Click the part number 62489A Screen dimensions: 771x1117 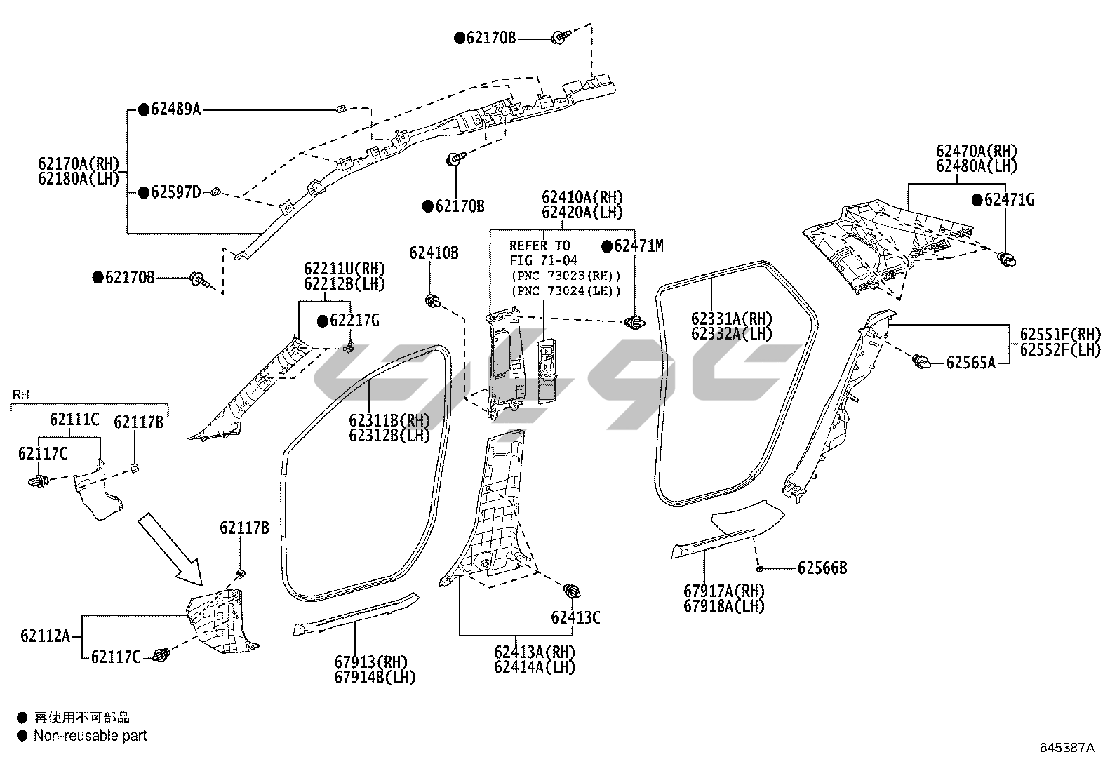(175, 109)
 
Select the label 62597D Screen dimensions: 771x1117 (175, 192)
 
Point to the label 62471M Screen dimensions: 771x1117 (638, 246)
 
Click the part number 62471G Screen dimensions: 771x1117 (1009, 200)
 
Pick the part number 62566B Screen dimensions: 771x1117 (822, 568)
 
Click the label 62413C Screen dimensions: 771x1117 (575, 618)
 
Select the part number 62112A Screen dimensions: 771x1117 (45, 636)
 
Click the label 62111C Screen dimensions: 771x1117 (74, 420)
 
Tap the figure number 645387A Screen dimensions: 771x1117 (1066, 747)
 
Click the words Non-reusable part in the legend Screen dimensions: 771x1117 (90, 736)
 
